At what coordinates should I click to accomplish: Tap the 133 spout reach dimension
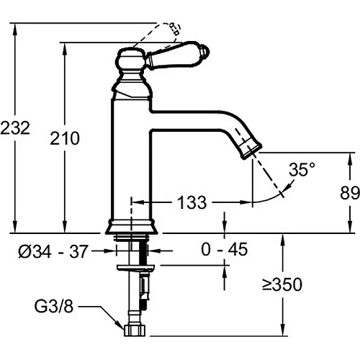tap(192, 202)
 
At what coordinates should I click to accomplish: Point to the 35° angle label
tap(302, 170)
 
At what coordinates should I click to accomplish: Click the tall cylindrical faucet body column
tap(130, 158)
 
